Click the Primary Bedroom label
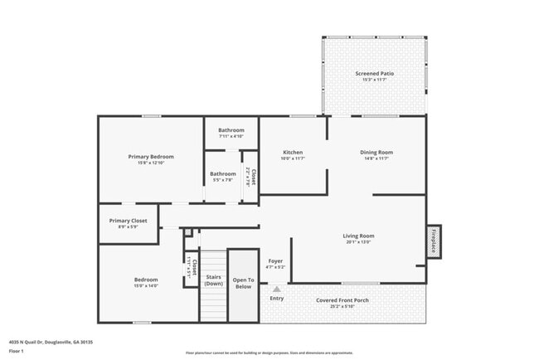(x=150, y=156)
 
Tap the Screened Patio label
(x=375, y=74)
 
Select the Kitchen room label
(x=293, y=153)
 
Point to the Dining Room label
(x=376, y=153)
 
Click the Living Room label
(x=359, y=236)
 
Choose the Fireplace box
(x=434, y=241)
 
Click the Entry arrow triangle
(x=266, y=289)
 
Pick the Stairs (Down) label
(x=213, y=280)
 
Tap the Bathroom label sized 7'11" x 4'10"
(x=231, y=130)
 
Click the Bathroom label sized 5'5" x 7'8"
(x=223, y=174)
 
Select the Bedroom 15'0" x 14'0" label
(x=146, y=280)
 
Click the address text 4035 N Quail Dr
(x=51, y=341)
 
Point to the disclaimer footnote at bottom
(x=269, y=353)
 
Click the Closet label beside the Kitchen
(x=253, y=175)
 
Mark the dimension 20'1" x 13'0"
(x=359, y=242)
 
